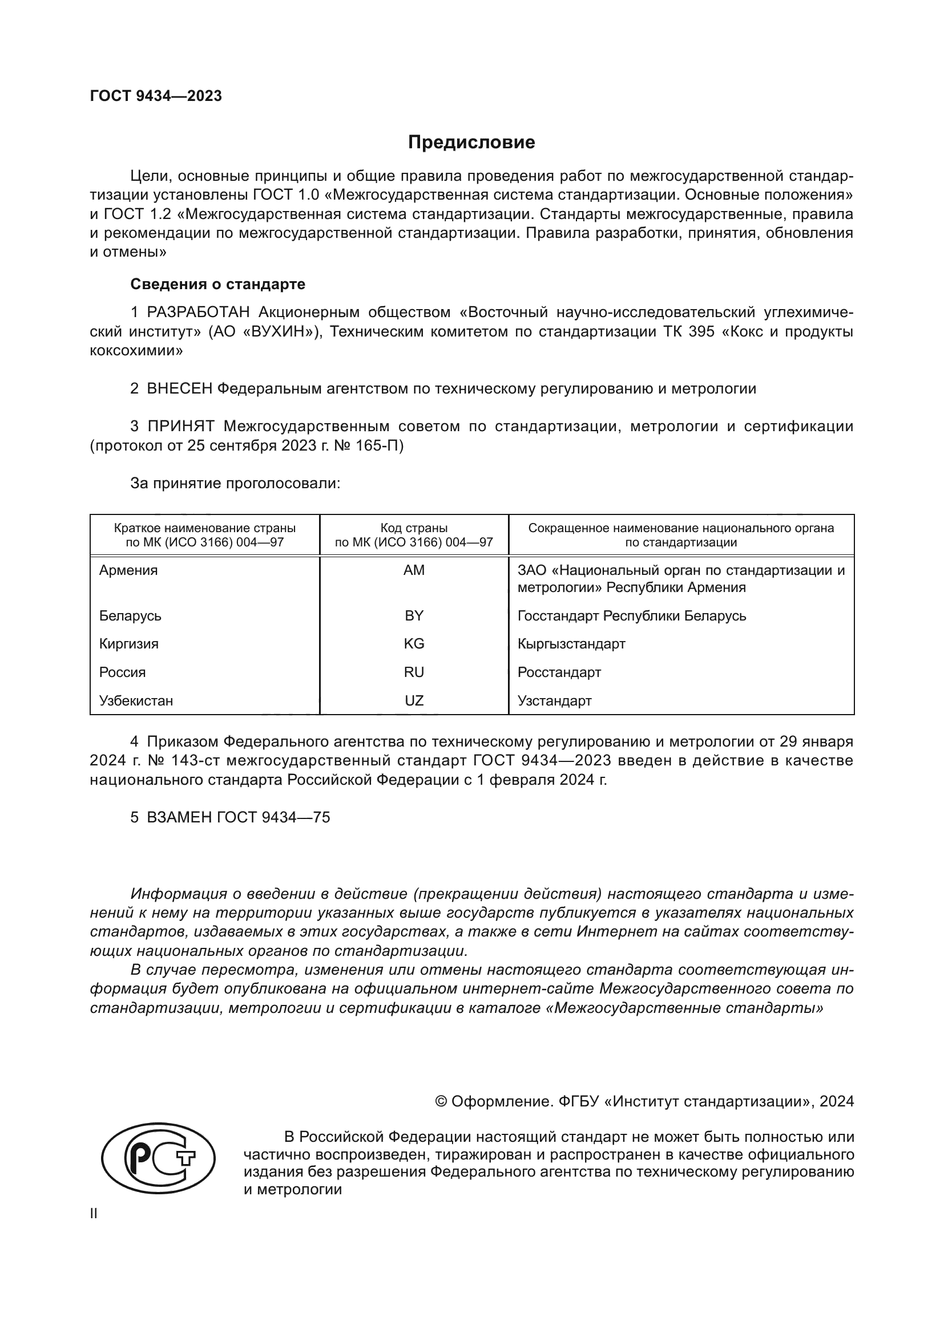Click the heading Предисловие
click(x=471, y=143)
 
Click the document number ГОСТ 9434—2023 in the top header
click(x=156, y=96)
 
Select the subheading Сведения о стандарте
click(x=217, y=284)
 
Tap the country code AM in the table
click(x=414, y=570)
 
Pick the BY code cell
click(x=414, y=615)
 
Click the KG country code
click(x=414, y=644)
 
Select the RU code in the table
click(x=414, y=672)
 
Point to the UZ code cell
click(x=414, y=701)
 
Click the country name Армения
click(x=128, y=570)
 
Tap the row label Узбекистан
click(x=136, y=701)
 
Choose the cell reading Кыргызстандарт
click(x=571, y=644)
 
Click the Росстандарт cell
click(x=559, y=672)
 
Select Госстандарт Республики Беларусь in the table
click(x=632, y=615)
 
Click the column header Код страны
click(x=414, y=528)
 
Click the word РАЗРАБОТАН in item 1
click(x=198, y=313)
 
